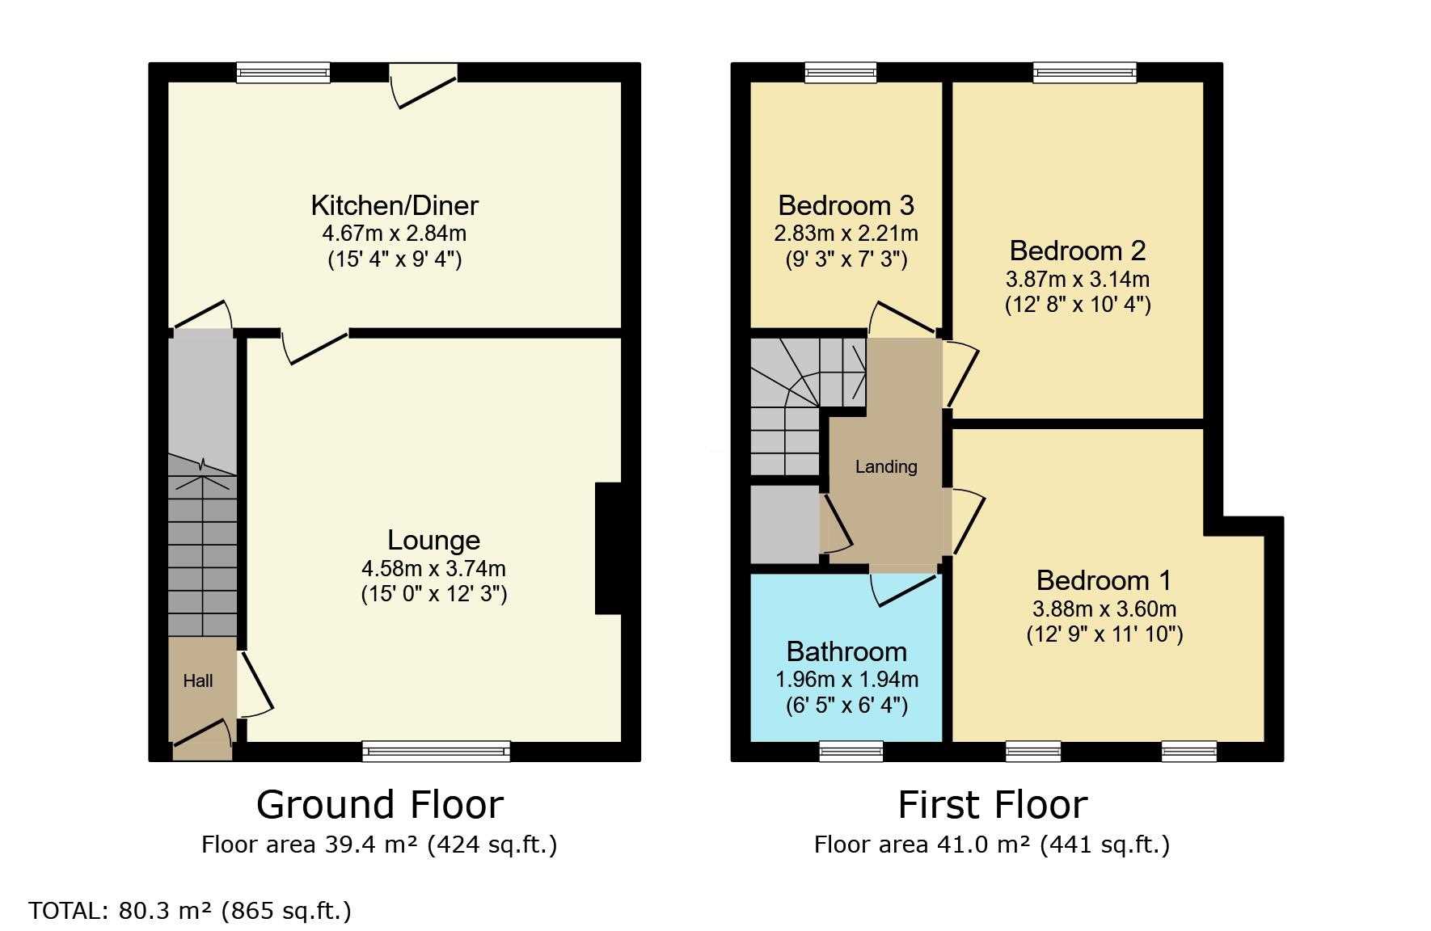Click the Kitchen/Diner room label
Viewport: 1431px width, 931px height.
click(x=395, y=205)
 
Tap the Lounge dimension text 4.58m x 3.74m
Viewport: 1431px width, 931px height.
click(x=434, y=568)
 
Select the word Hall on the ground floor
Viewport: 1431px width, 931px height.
click(x=198, y=680)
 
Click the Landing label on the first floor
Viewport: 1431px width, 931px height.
click(x=886, y=466)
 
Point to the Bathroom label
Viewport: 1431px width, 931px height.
click(x=846, y=651)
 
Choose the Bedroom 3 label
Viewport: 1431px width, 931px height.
click(x=846, y=205)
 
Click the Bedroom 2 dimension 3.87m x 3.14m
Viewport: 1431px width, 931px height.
click(x=1078, y=280)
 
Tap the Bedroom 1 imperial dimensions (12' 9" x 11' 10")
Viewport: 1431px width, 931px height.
click(x=1104, y=634)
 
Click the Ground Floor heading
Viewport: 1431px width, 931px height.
click(x=380, y=805)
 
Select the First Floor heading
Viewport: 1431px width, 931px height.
click(x=993, y=805)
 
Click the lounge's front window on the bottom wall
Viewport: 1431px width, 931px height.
click(x=437, y=752)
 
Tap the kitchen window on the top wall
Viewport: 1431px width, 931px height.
click(x=283, y=73)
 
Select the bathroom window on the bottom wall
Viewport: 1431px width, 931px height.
click(x=851, y=752)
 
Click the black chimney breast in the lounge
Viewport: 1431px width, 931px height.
click(x=609, y=549)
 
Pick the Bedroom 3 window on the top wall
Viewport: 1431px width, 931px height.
click(x=841, y=73)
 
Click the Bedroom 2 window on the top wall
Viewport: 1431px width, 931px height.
click(x=1085, y=73)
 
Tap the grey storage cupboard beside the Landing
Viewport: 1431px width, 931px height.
click(x=785, y=524)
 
